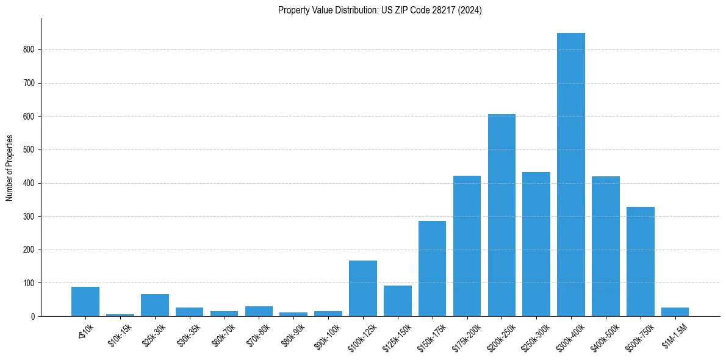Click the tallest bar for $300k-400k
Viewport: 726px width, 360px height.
click(x=570, y=175)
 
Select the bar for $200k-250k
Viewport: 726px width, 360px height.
click(x=501, y=215)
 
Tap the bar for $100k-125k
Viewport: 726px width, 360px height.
click(x=362, y=288)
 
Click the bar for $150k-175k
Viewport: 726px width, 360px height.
click(x=432, y=268)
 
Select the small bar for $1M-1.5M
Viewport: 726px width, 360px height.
click(x=675, y=312)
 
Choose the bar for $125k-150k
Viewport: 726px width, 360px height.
click(x=397, y=301)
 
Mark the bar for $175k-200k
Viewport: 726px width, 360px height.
click(x=467, y=246)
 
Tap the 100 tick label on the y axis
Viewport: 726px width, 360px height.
click(x=29, y=283)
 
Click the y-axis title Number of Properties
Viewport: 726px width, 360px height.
click(x=9, y=168)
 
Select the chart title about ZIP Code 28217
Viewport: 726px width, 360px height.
click(x=379, y=10)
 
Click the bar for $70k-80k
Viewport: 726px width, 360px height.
click(x=259, y=311)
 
